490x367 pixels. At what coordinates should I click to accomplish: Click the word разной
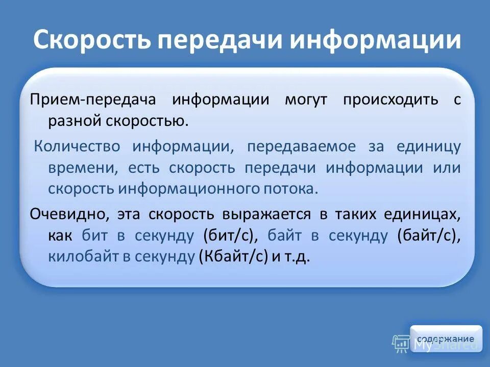coord(76,121)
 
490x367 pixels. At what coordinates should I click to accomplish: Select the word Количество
coord(77,146)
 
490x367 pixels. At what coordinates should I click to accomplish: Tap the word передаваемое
coord(301,146)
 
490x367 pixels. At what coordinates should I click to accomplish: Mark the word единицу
coord(429,146)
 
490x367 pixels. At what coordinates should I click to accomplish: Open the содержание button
coord(446,339)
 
